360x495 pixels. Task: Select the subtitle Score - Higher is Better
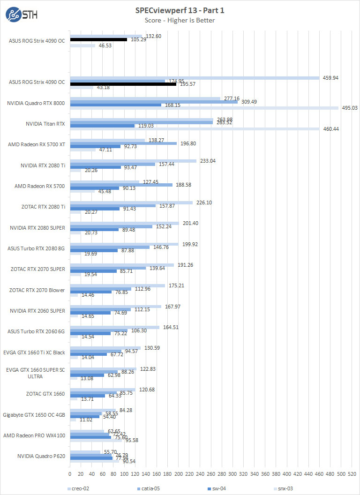pyautogui.click(x=180, y=20)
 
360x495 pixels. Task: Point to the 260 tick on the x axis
pyautogui.click(x=211, y=474)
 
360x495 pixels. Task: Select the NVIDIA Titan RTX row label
pyautogui.click(x=45, y=124)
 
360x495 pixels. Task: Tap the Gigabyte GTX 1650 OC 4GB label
pyautogui.click(x=34, y=414)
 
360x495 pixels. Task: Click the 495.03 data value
pyautogui.click(x=350, y=108)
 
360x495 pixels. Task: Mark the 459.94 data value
pyautogui.click(x=331, y=78)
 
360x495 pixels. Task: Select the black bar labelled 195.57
pyautogui.click(x=123, y=84)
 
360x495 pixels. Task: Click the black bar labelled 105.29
pyautogui.click(x=98, y=40)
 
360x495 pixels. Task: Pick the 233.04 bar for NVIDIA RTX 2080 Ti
pyautogui.click(x=133, y=161)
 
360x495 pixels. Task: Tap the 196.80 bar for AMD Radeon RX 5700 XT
pyautogui.click(x=123, y=143)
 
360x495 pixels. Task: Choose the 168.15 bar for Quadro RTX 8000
pyautogui.click(x=115, y=105)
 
